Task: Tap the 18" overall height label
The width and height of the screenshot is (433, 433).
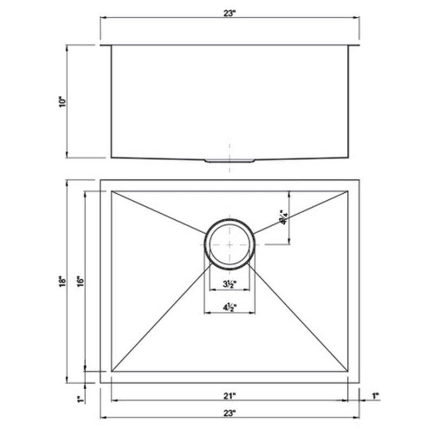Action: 63,281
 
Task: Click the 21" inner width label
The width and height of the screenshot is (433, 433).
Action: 230,396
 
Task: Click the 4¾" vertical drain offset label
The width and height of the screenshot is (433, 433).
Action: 283,217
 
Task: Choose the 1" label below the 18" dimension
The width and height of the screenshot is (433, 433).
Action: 79,399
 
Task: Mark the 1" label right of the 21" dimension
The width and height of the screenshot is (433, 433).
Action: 376,396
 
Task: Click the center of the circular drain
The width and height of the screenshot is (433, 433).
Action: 229,244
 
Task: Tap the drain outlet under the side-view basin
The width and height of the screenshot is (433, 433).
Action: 229,161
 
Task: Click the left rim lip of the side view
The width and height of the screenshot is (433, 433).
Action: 106,47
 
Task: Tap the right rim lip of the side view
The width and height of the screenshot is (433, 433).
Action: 354,47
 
